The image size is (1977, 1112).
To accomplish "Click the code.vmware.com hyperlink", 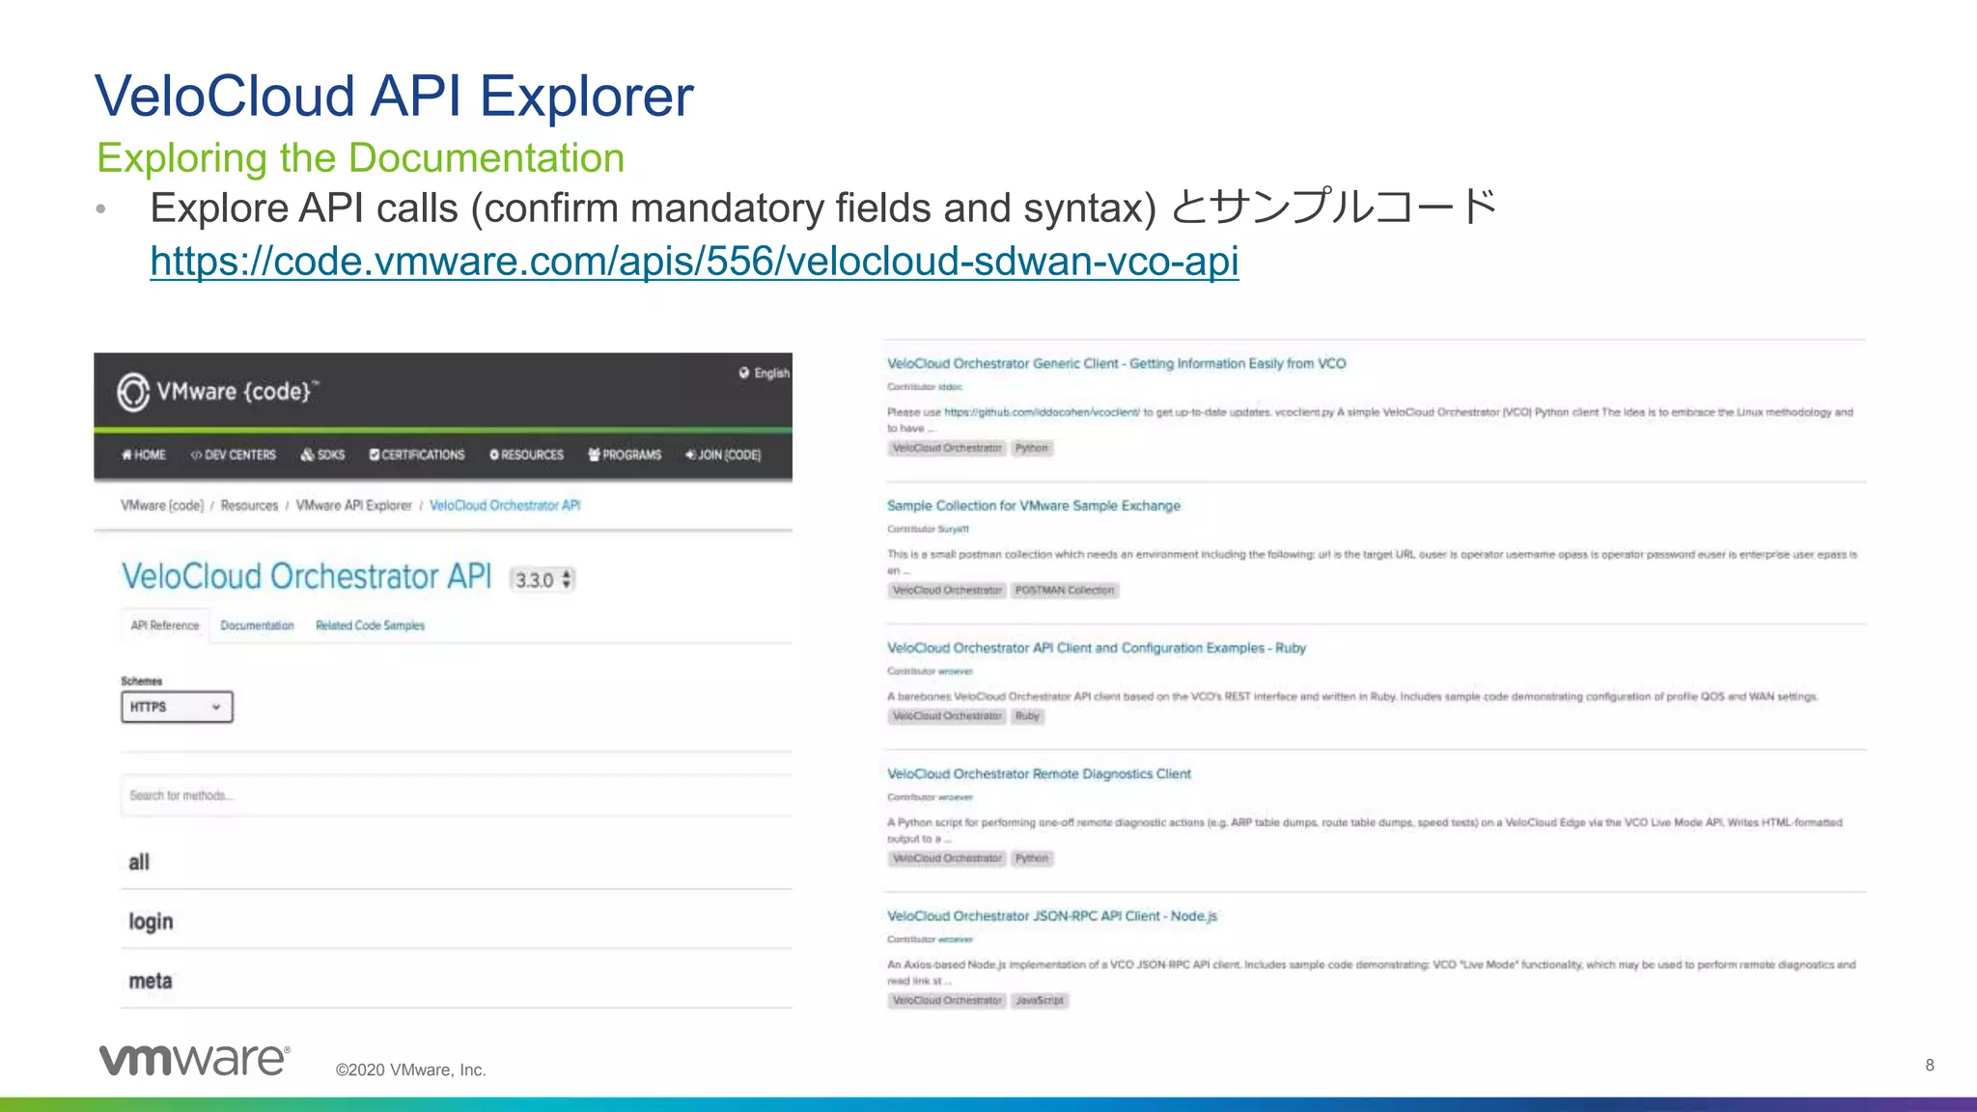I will (694, 262).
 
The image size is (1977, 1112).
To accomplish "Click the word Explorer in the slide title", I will (586, 97).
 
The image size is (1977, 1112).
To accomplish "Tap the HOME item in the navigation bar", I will (144, 455).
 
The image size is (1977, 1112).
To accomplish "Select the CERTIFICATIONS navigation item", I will (417, 455).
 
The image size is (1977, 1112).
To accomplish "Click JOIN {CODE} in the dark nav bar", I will (723, 455).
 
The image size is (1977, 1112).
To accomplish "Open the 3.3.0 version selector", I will (543, 579).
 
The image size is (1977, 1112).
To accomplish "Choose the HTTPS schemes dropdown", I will (177, 707).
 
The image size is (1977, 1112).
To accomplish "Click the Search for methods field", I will (454, 795).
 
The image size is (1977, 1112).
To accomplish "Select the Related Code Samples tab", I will (370, 625).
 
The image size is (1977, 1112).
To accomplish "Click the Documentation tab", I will (257, 625).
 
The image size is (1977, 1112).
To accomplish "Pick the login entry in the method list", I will (151, 922).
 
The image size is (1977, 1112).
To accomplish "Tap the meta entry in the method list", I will (151, 981).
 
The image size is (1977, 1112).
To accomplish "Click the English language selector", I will (765, 374).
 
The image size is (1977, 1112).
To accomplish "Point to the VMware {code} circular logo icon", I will (133, 392).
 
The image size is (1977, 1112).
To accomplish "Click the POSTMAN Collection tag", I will (1064, 590).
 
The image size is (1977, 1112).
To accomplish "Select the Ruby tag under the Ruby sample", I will (1027, 716).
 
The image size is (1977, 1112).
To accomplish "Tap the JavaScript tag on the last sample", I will (1039, 1001).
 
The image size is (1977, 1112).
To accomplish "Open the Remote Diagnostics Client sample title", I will (1039, 774).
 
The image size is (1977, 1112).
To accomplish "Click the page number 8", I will (1929, 1065).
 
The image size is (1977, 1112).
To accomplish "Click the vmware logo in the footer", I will (194, 1060).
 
